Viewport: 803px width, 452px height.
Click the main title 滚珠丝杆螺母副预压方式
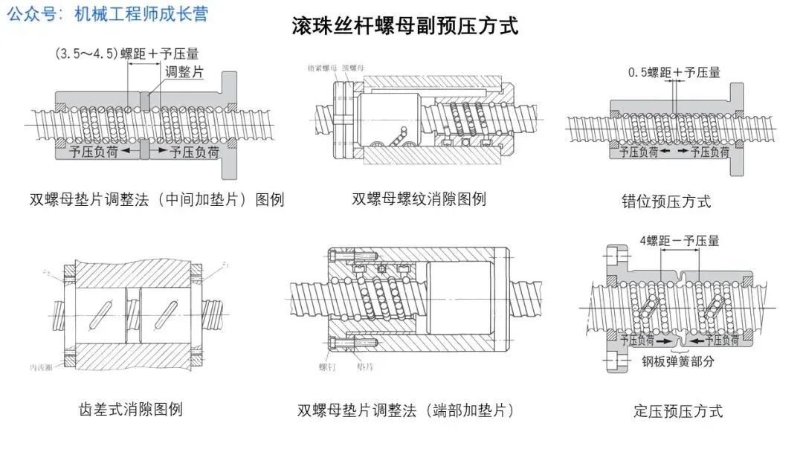405,27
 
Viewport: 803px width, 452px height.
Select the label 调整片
184,72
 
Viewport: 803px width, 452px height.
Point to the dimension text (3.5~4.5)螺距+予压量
126,54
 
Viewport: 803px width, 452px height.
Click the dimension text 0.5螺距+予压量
674,72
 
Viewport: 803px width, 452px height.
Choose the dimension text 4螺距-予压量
679,240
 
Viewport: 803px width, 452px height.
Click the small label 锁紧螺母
322,68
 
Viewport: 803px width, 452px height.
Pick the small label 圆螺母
353,68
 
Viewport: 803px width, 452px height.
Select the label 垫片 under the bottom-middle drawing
365,367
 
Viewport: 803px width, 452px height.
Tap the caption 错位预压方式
666,201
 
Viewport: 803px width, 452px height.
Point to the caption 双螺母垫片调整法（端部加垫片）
405,410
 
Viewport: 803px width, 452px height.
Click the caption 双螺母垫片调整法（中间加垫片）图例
157,199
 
